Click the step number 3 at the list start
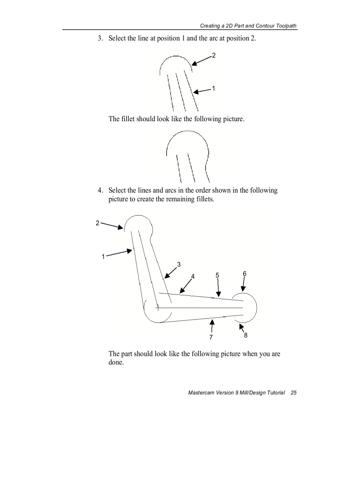[x=100, y=38]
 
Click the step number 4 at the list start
[x=100, y=190]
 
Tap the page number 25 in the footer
[x=294, y=392]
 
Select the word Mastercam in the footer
[x=202, y=392]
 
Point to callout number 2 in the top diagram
[x=214, y=56]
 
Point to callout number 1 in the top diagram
[x=214, y=88]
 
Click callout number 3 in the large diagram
[x=179, y=264]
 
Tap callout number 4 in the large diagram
[x=193, y=276]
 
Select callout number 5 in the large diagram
[x=217, y=275]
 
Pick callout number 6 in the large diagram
[x=245, y=274]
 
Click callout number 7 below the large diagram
[x=211, y=337]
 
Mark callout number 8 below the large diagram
[x=246, y=335]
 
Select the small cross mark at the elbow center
[x=157, y=308]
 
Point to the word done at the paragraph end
[x=116, y=363]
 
